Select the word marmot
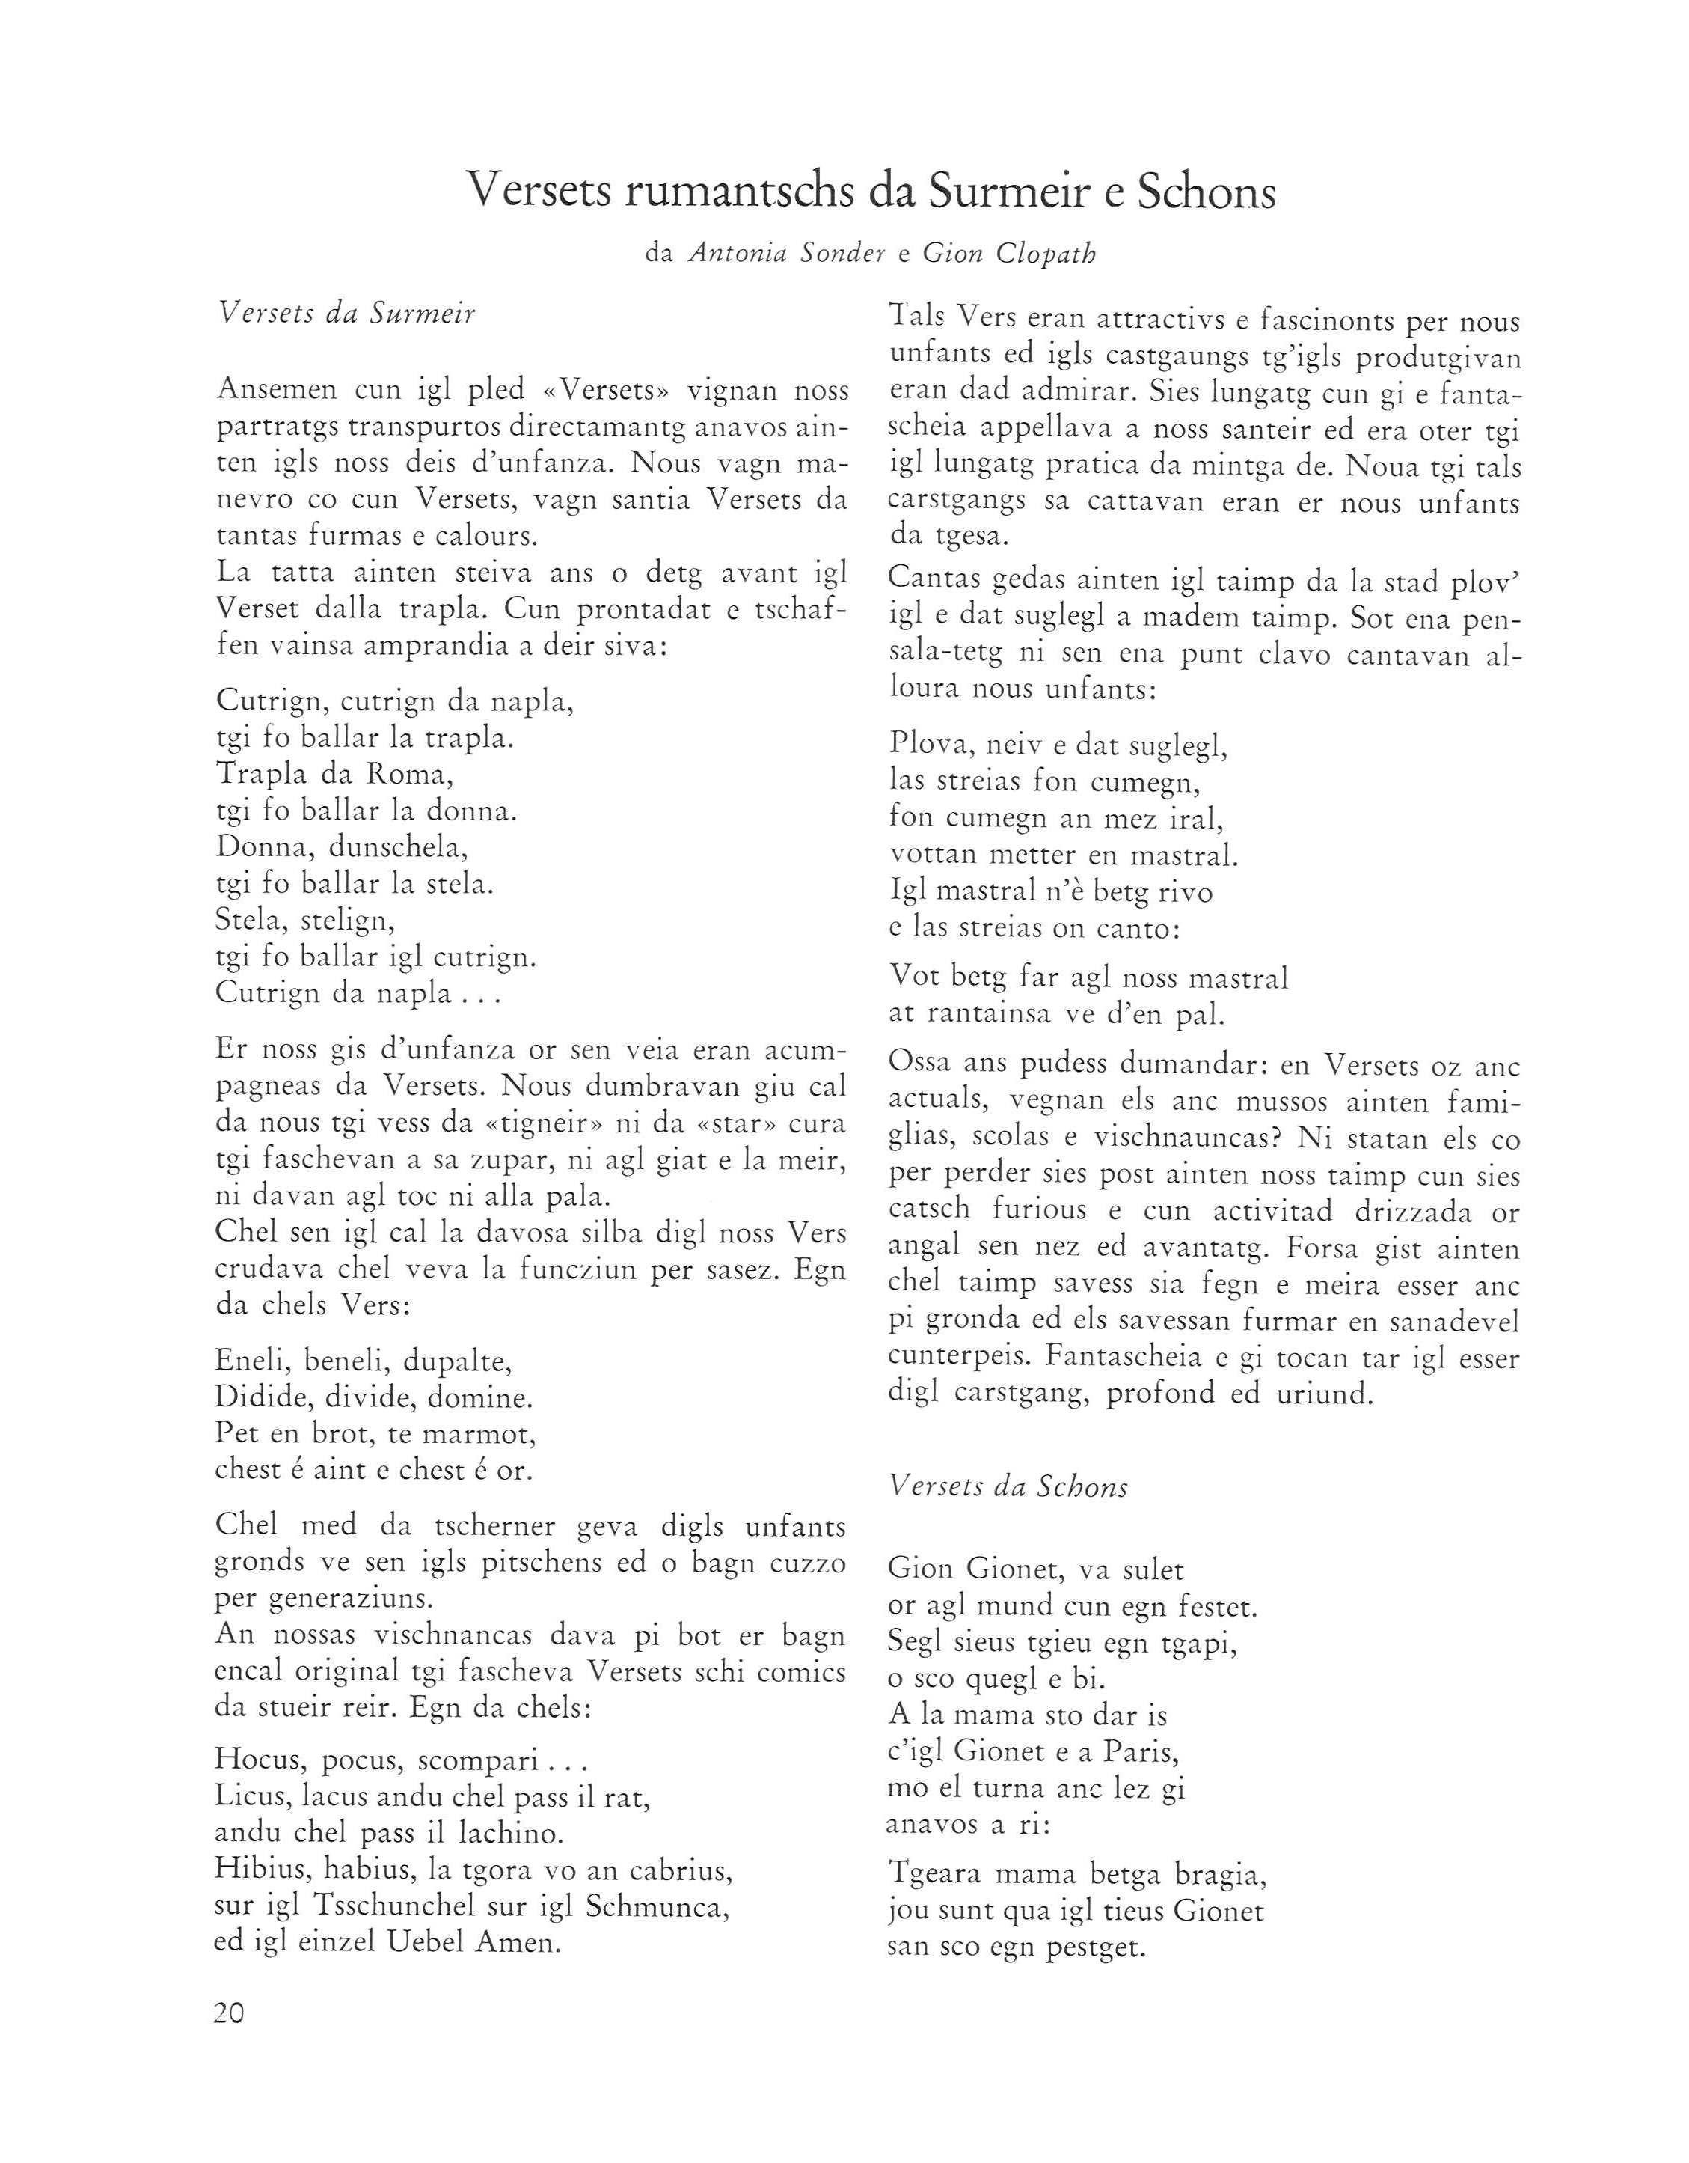click(479, 1434)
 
